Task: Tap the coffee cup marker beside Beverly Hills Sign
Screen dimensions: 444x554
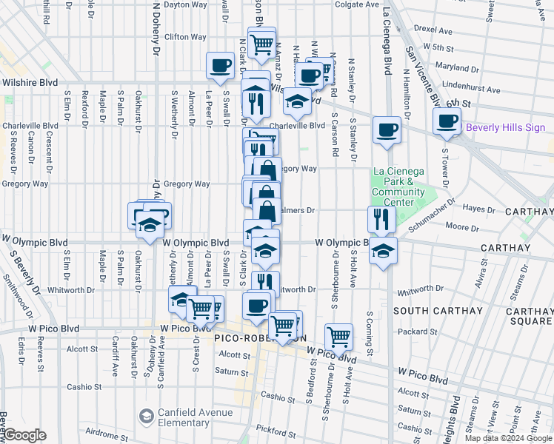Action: pos(447,121)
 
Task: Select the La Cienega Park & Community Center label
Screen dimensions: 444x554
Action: pos(398,186)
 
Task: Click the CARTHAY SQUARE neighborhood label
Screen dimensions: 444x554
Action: pos(529,316)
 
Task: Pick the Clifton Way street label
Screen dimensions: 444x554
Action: pos(185,36)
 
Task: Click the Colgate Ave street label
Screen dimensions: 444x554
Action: pos(356,4)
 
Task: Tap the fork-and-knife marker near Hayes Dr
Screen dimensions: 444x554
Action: pos(381,218)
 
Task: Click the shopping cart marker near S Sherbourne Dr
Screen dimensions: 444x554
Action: pos(338,336)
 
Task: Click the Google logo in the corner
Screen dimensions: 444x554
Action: pos(25,435)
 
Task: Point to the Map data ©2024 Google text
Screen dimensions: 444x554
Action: pos(508,438)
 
